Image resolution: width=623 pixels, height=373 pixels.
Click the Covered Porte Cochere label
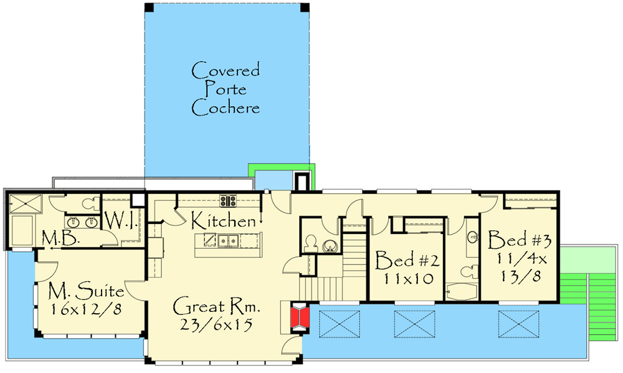point(226,89)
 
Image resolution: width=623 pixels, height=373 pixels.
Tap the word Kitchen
point(223,221)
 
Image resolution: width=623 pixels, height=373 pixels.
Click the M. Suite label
point(86,291)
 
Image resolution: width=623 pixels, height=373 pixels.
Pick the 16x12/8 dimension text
point(86,309)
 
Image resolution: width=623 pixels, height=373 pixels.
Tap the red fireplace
point(300,316)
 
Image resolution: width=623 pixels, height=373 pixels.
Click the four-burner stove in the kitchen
point(228,201)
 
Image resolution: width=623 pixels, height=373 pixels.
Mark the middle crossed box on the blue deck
point(412,323)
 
